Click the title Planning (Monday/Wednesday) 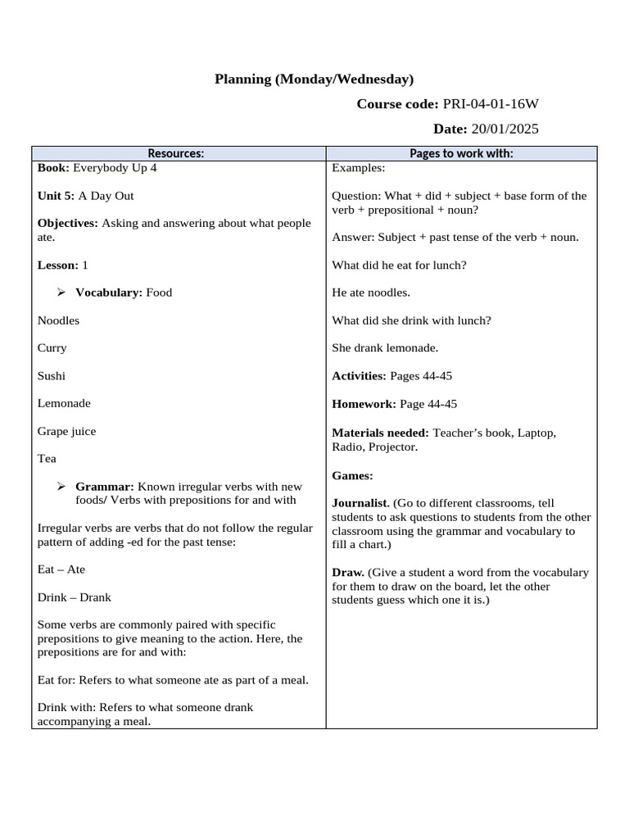coord(314,79)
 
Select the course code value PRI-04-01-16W coord(491,104)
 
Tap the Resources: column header coord(175,153)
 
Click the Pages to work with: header coord(461,153)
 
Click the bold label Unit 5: coord(56,196)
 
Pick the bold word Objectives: coord(67,224)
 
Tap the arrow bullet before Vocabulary coord(61,293)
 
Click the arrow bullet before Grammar coord(61,487)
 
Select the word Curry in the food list coord(52,348)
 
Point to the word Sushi coord(52,376)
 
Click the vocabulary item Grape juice coord(66,431)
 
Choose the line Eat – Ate coord(61,569)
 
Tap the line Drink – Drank coord(74,597)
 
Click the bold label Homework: coord(364,404)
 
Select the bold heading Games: coord(352,475)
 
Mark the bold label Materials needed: coord(380,432)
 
